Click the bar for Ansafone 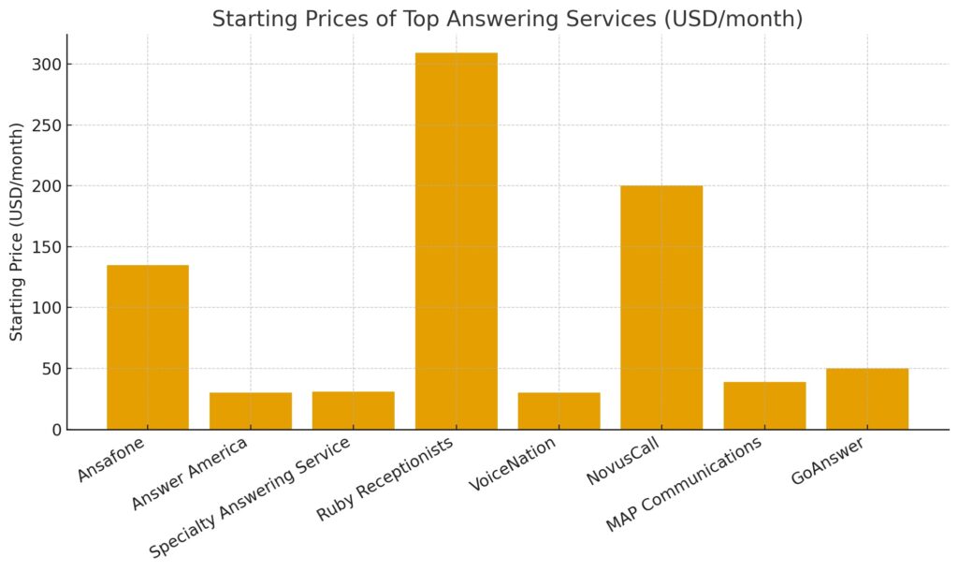click(148, 347)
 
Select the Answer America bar click(251, 411)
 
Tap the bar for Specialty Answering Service click(353, 411)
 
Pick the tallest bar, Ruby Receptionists click(456, 242)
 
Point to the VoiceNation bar click(559, 411)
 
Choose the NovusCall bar click(661, 308)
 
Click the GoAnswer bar click(867, 400)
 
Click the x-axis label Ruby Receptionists click(385, 478)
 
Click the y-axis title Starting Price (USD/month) click(18, 231)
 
